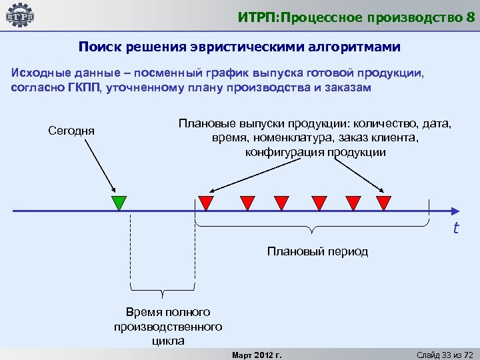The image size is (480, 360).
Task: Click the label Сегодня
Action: pos(71,130)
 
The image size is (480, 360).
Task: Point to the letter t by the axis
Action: pos(456,229)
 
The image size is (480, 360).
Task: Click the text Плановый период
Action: pos(317,251)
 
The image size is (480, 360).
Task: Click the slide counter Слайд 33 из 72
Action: pos(444,354)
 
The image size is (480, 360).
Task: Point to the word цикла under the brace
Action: pos(168,341)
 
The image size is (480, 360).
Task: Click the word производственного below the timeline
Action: pos(168,327)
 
